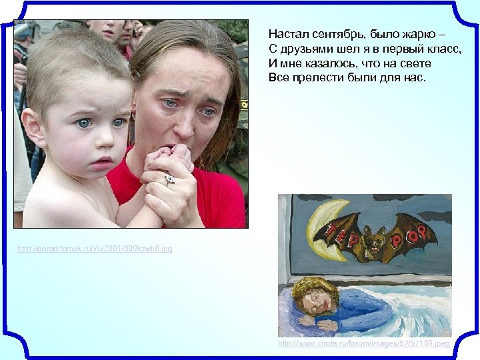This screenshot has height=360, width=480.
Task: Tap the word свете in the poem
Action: (x=415, y=63)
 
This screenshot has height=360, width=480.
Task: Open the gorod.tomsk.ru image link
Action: (x=95, y=249)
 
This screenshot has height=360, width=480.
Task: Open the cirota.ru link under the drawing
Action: (x=364, y=343)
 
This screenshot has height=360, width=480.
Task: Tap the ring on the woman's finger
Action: (x=169, y=179)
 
